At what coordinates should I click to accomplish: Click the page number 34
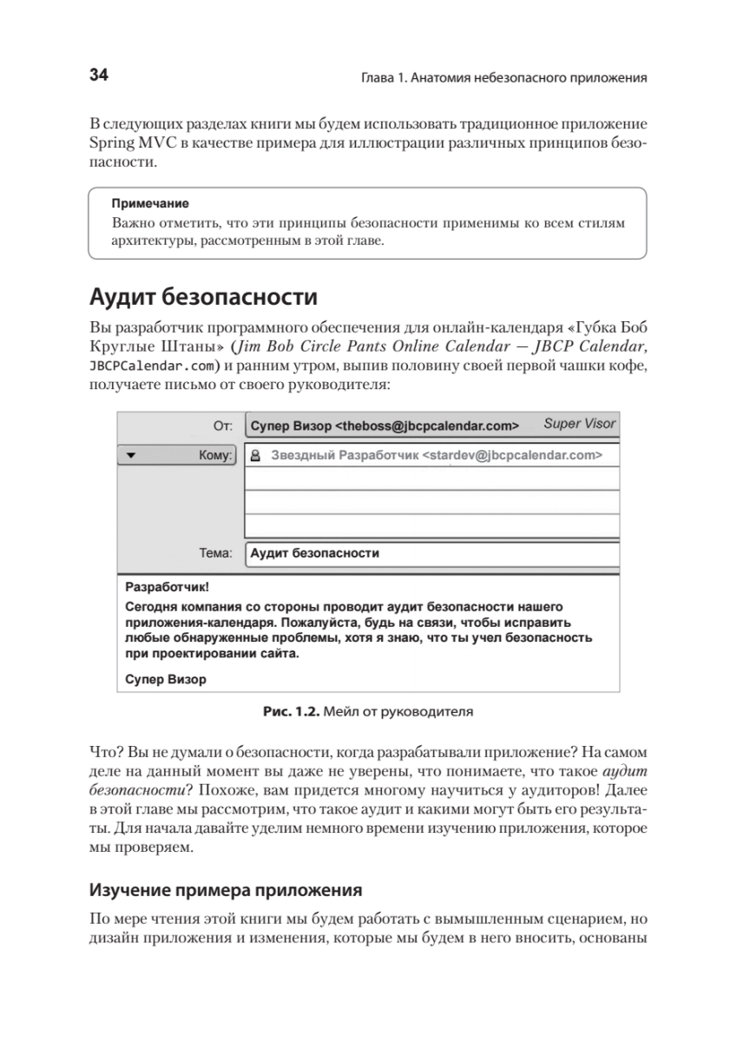click(x=98, y=76)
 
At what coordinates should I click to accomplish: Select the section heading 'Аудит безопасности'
click(x=203, y=299)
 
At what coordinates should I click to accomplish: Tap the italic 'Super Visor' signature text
click(x=579, y=425)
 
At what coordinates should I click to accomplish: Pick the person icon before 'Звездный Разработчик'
click(x=256, y=454)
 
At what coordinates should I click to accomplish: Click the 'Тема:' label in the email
click(x=215, y=552)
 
